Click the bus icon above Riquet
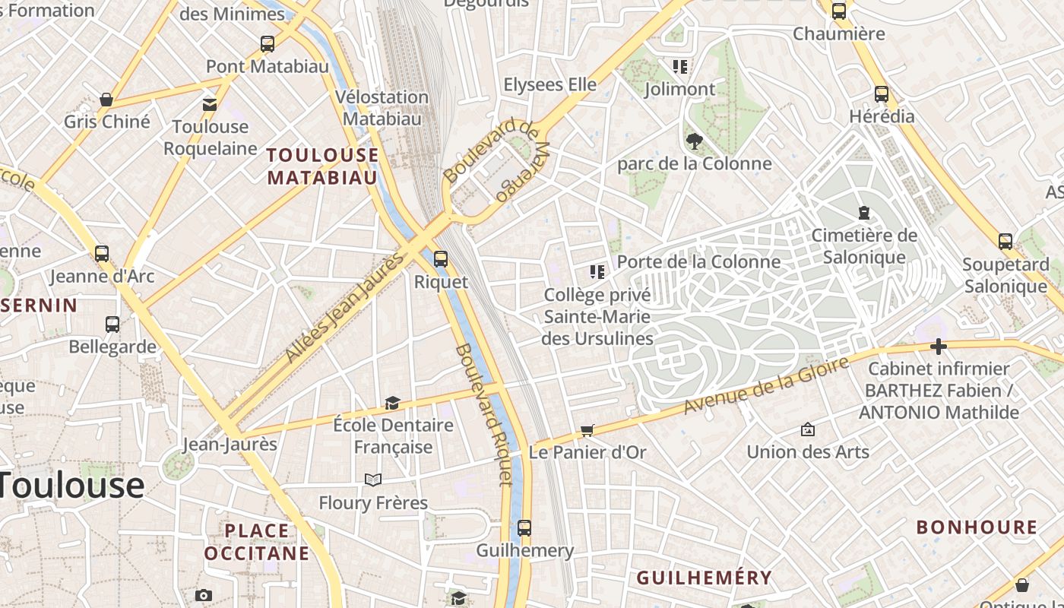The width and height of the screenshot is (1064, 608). pyautogui.click(x=440, y=259)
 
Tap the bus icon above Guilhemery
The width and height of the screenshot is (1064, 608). pyautogui.click(x=524, y=527)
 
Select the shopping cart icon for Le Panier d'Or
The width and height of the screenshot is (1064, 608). pyautogui.click(x=587, y=431)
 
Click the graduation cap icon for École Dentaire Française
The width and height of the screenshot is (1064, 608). pyautogui.click(x=392, y=403)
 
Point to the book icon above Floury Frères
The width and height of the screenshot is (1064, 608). pyautogui.click(x=372, y=480)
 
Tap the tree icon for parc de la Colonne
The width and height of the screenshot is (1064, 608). pyautogui.click(x=693, y=141)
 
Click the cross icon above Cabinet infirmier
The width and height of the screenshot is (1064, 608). pyautogui.click(x=939, y=347)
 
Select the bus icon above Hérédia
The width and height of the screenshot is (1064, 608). pyautogui.click(x=881, y=94)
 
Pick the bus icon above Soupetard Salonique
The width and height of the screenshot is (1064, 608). pyautogui.click(x=1005, y=242)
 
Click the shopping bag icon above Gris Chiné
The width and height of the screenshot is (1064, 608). pyautogui.click(x=106, y=100)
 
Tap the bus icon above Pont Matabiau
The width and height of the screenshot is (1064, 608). pyautogui.click(x=267, y=44)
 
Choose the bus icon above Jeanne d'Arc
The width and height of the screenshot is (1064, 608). pyautogui.click(x=101, y=254)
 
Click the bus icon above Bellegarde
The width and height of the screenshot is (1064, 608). pyautogui.click(x=112, y=325)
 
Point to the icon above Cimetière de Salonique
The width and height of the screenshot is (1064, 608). pyautogui.click(x=863, y=213)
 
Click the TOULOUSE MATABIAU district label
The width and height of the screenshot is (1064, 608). pyautogui.click(x=322, y=166)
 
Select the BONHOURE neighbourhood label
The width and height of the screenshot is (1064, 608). pyautogui.click(x=976, y=527)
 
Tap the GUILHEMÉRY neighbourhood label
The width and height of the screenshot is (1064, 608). pyautogui.click(x=704, y=578)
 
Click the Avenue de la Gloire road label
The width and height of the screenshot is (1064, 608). pyautogui.click(x=765, y=387)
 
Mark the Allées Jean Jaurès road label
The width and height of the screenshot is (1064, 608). pyautogui.click(x=344, y=308)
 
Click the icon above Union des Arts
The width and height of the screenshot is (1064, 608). pyautogui.click(x=807, y=429)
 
